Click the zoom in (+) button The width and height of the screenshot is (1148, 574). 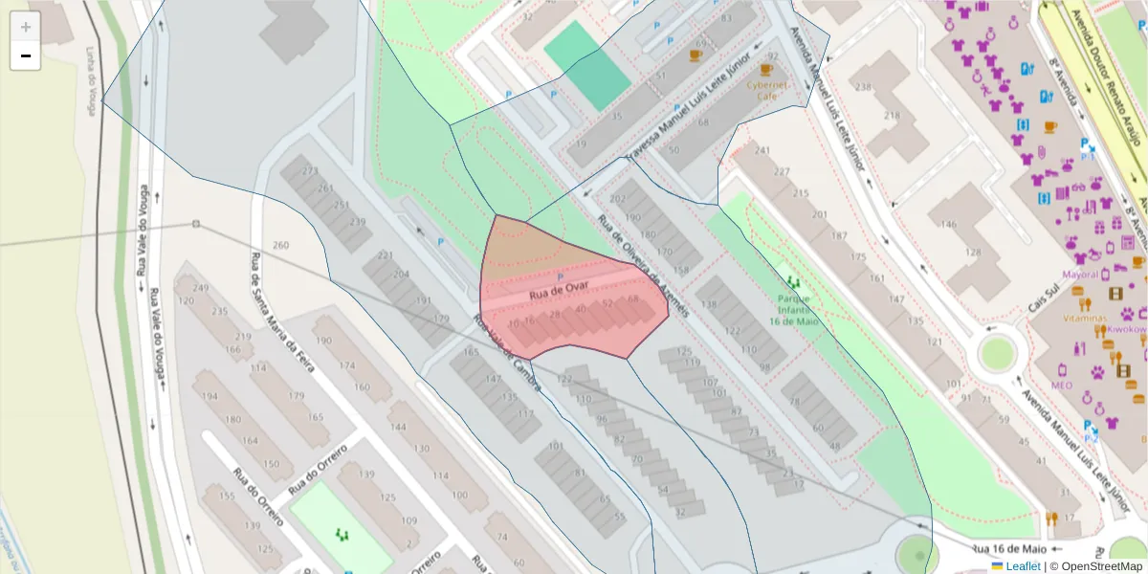coord(25,27)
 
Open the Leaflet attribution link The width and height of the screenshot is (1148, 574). coord(1022,566)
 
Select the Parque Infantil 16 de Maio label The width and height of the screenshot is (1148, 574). coord(795,310)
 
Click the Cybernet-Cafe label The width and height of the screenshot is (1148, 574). coord(767,89)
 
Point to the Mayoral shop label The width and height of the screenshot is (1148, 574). coord(1080,275)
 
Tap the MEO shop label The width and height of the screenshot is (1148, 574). coord(1062,385)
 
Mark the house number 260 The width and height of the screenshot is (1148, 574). coord(280,246)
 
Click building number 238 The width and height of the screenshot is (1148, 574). coord(864,88)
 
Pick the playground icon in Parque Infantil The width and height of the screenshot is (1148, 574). coord(793,282)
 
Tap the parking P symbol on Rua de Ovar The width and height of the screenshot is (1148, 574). coord(560,277)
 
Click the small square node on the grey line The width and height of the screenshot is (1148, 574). coord(195,224)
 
